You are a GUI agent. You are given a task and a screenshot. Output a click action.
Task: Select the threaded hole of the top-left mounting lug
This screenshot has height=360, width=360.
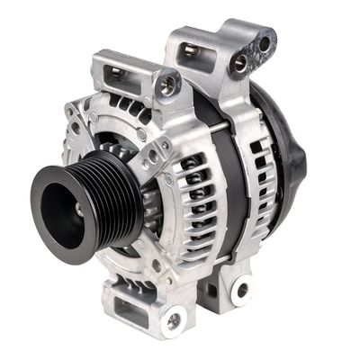pos(167,85)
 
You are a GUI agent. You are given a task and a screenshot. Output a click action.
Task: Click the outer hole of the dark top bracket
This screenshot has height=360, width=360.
pos(264,42)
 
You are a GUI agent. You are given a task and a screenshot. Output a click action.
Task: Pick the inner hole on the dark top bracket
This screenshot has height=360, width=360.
pos(240,63)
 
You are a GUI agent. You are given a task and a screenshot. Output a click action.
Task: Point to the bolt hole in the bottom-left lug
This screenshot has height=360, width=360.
pos(173,319)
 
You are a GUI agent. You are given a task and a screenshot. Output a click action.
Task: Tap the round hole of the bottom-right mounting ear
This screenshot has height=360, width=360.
pos(240,291)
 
